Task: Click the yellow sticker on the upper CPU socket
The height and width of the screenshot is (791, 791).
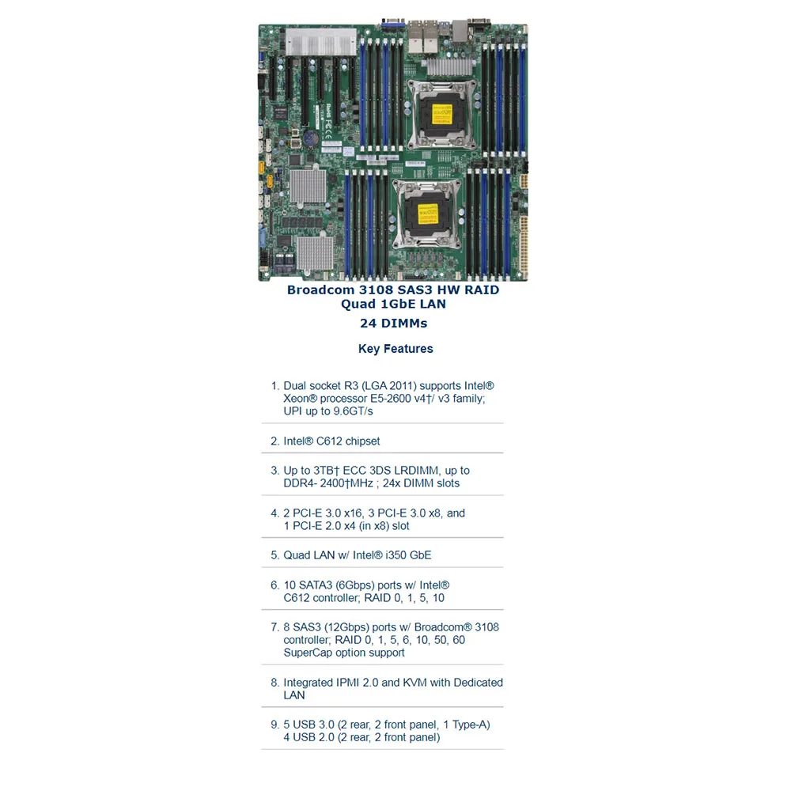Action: pos(442,114)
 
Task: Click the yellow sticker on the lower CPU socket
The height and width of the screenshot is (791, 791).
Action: pos(428,214)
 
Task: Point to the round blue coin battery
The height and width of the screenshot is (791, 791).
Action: pos(311,137)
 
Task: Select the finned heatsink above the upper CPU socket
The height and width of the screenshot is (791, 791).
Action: pos(449,66)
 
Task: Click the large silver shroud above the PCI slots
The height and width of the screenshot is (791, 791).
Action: pos(321,42)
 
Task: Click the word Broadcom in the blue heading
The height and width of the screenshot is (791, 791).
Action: pos(321,290)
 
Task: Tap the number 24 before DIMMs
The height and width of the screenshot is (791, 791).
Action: pos(368,324)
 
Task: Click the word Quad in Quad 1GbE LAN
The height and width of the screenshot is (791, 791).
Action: pos(358,305)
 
